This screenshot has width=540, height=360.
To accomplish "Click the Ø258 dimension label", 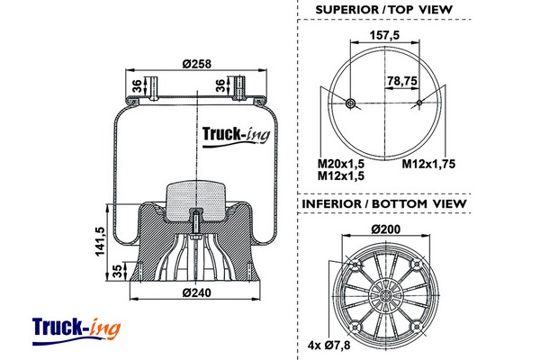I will [196, 63].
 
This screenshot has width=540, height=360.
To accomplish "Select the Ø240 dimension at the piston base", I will [196, 292].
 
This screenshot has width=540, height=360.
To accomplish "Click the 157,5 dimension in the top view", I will [384, 38].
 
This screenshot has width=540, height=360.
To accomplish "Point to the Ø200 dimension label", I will [385, 229].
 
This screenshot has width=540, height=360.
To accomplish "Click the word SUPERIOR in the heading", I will [346, 10].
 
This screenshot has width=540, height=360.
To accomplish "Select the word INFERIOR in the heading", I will [332, 204].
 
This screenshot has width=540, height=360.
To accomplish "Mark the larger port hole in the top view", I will [350, 103].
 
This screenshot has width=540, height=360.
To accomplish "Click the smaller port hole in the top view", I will [420, 103].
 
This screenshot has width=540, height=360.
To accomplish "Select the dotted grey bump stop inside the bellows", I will [195, 195].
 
